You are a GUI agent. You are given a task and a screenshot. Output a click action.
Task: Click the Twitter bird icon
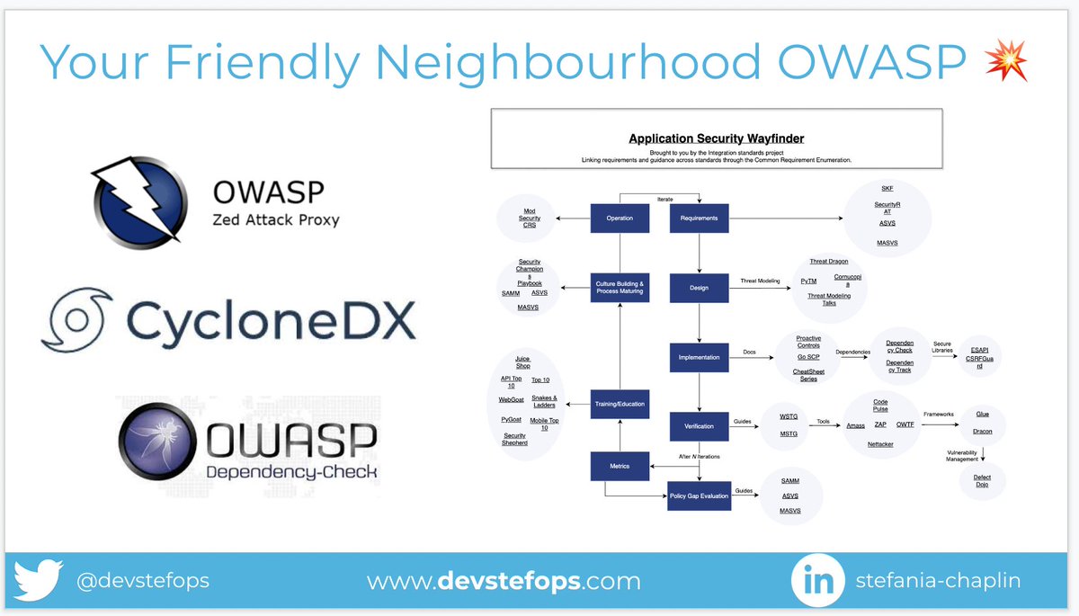pos(39,580)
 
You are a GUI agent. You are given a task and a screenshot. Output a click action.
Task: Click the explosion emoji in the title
pos(1004,63)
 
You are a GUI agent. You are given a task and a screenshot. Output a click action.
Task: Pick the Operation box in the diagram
pos(620,219)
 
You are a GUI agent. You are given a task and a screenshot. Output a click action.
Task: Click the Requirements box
pos(699,219)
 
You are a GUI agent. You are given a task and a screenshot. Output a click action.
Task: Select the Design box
pos(699,288)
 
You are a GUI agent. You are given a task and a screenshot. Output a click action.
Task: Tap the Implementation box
pos(699,357)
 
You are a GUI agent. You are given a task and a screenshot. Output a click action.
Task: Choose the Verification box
pos(699,426)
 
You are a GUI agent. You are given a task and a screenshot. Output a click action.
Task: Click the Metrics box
pos(620,466)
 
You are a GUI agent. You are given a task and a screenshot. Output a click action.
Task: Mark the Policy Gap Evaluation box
pos(699,495)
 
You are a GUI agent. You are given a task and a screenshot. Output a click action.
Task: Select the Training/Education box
pos(620,404)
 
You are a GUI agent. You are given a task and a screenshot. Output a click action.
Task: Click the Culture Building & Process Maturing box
pos(620,288)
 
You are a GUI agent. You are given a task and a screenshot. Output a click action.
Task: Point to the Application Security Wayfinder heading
pos(717,138)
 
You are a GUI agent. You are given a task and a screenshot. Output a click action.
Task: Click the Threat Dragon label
pos(828,262)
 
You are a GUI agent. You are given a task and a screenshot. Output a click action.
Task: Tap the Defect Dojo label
pos(982,482)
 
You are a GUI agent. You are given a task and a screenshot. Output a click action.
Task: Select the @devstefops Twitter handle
pos(143,581)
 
